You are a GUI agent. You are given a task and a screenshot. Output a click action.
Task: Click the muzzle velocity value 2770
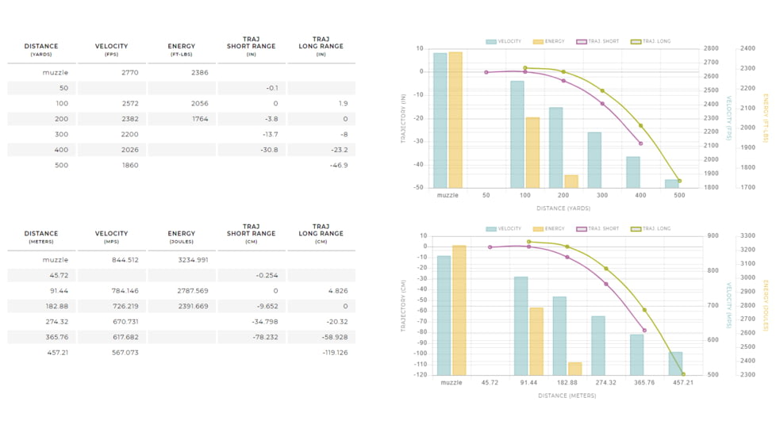(130, 73)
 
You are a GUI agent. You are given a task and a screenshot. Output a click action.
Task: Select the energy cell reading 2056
(199, 104)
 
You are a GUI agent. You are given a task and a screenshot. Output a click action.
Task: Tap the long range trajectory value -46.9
(338, 166)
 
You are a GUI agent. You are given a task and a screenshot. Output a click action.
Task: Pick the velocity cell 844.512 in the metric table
(125, 260)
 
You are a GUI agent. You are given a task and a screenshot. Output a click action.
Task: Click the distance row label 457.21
(56, 352)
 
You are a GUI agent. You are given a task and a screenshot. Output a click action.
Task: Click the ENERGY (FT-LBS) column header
(182, 49)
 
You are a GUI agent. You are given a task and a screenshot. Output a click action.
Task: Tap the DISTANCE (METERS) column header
(41, 236)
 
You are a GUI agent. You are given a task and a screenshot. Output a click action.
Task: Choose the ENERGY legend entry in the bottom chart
(549, 229)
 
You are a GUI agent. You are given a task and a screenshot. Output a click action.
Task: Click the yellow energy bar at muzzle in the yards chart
(455, 120)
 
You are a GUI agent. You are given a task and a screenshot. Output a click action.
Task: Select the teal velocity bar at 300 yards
(594, 159)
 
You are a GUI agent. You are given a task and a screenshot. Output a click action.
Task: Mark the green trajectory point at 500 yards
(679, 181)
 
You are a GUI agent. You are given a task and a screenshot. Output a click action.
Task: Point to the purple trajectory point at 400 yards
(640, 143)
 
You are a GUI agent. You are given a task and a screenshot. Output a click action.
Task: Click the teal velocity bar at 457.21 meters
(676, 363)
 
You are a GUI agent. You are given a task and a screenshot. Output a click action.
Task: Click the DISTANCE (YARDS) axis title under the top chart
(563, 208)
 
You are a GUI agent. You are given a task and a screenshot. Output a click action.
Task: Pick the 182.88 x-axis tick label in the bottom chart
(567, 383)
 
